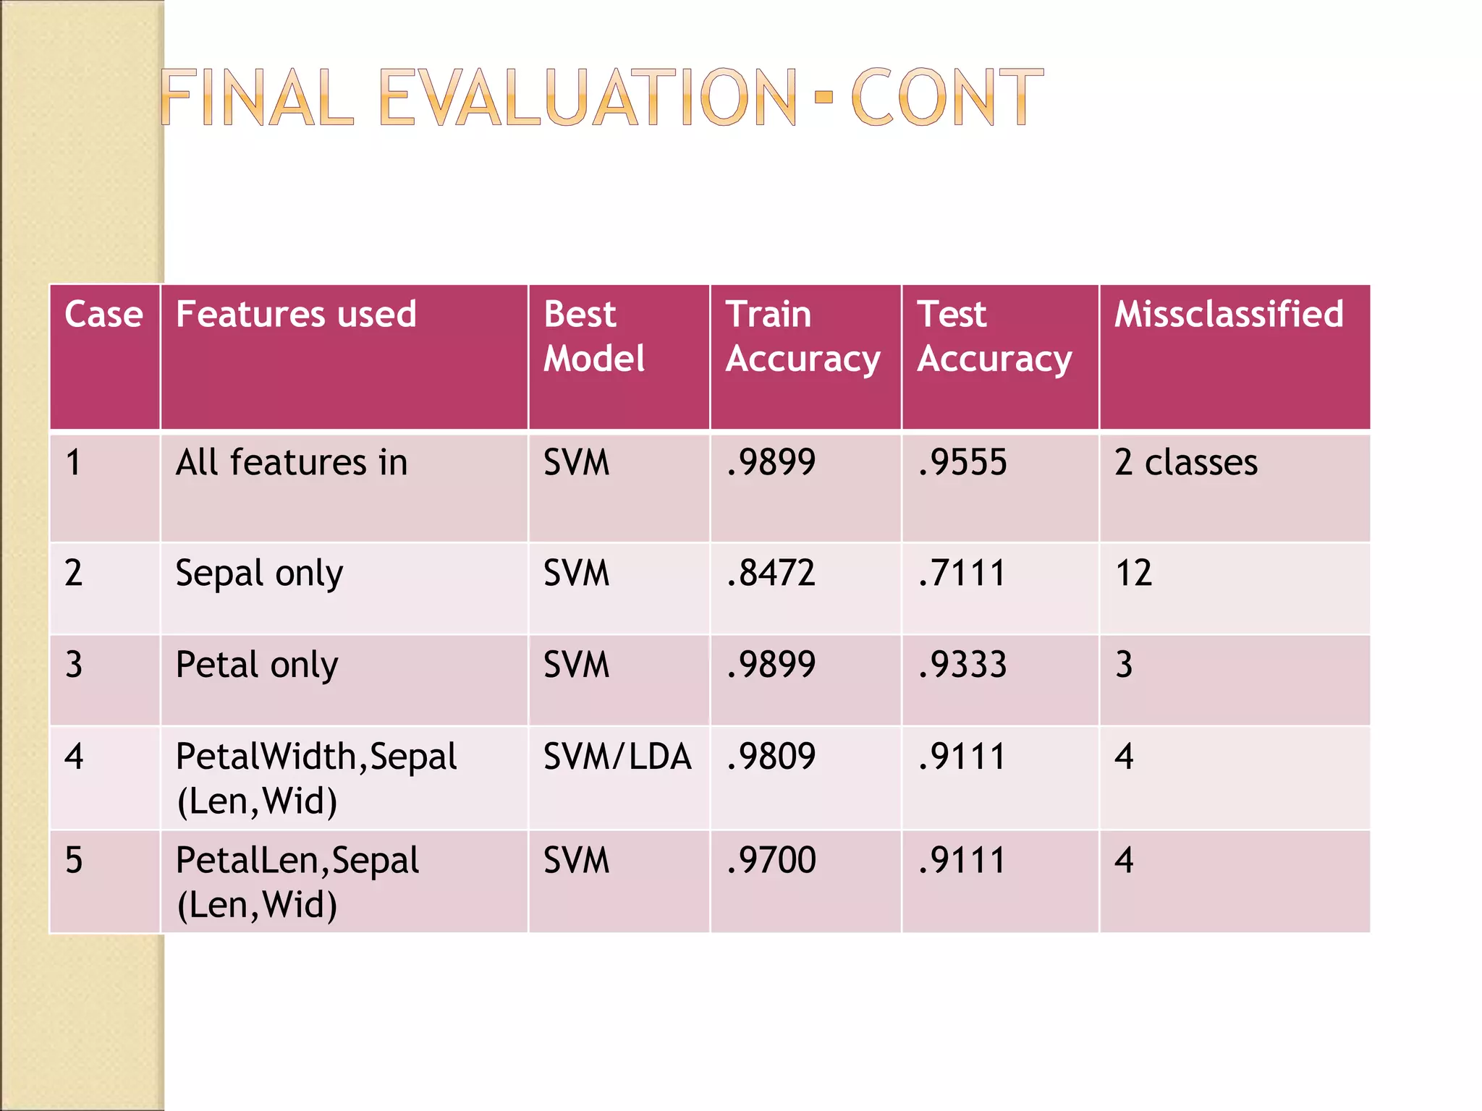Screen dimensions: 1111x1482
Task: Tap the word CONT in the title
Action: pyautogui.click(x=947, y=98)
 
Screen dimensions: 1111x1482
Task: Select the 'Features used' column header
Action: pyautogui.click(x=296, y=315)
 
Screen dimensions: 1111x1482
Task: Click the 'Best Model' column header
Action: pyautogui.click(x=593, y=336)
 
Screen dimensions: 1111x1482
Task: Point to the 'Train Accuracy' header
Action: pyautogui.click(x=803, y=336)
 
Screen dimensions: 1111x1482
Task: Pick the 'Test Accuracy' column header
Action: pyautogui.click(x=994, y=336)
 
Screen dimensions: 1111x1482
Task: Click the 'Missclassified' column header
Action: pyautogui.click(x=1229, y=315)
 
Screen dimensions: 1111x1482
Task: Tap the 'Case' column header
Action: pyautogui.click(x=103, y=315)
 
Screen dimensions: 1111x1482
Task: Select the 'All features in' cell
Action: pyautogui.click(x=292, y=463)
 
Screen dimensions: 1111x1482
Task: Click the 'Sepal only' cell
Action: pyautogui.click(x=259, y=574)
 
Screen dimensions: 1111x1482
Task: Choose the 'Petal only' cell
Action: pyautogui.click(x=257, y=665)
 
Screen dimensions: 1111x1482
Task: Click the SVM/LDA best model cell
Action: pyautogui.click(x=617, y=757)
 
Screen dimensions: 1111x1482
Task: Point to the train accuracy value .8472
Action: pyautogui.click(x=771, y=573)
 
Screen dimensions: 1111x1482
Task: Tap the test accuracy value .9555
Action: pyautogui.click(x=962, y=463)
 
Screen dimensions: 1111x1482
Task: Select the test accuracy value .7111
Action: pyautogui.click(x=962, y=573)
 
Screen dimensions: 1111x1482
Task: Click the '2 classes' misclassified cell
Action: pyautogui.click(x=1185, y=463)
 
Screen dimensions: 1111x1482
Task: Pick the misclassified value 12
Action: pyautogui.click(x=1133, y=573)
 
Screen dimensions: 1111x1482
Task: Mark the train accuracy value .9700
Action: pyautogui.click(x=771, y=860)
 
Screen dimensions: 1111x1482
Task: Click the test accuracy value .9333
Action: pyautogui.click(x=962, y=665)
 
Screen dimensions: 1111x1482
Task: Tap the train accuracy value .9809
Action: pyautogui.click(x=771, y=757)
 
